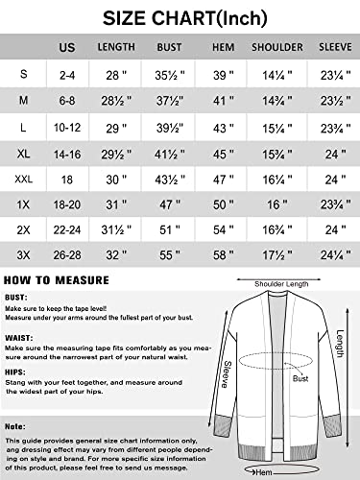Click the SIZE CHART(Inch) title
tap(179, 15)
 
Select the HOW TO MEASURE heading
tap(55, 281)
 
